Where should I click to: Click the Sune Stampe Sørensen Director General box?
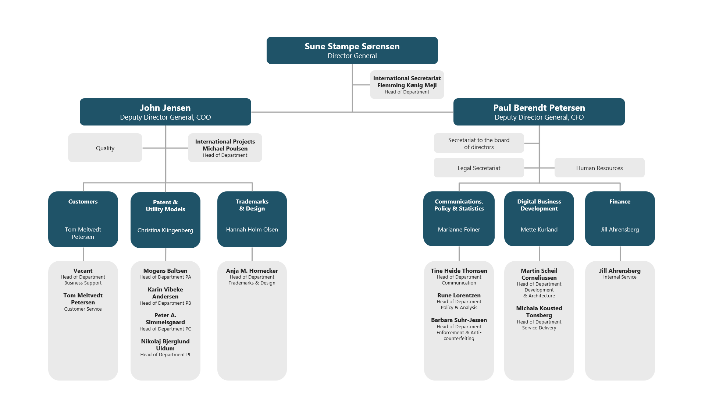click(352, 50)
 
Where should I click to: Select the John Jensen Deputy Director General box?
click(165, 112)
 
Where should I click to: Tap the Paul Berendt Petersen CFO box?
click(539, 112)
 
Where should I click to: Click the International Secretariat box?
click(407, 85)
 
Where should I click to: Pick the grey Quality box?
click(105, 148)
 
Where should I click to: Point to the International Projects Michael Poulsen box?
click(225, 148)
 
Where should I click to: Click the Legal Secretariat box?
click(478, 168)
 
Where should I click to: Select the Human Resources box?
click(599, 168)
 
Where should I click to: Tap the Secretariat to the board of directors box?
click(478, 143)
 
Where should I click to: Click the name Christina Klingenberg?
click(165, 230)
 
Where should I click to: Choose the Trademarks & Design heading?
click(252, 205)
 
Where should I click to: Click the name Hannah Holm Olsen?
click(252, 230)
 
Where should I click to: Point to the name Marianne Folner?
click(459, 230)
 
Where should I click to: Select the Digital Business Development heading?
click(539, 205)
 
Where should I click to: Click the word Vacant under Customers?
click(83, 271)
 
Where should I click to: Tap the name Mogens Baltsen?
click(165, 271)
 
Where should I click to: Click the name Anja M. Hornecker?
click(252, 271)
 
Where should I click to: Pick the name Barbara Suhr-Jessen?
click(459, 320)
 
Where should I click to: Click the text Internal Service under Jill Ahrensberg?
click(619, 277)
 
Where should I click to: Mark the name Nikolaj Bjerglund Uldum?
click(165, 345)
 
